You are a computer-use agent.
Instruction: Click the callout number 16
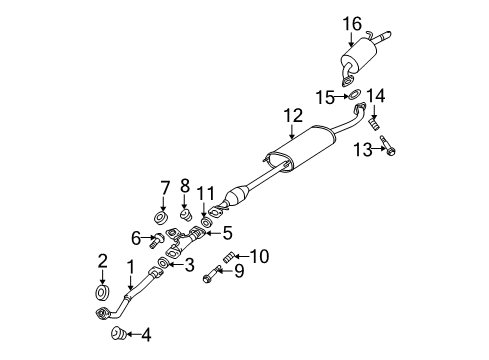[352, 23]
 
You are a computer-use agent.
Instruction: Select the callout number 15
[325, 97]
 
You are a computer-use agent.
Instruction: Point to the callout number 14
[375, 96]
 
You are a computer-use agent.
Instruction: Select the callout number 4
[146, 335]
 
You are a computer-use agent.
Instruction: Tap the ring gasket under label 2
[102, 292]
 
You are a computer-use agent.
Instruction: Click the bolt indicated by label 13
[390, 149]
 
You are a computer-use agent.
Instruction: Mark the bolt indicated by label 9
[214, 272]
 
